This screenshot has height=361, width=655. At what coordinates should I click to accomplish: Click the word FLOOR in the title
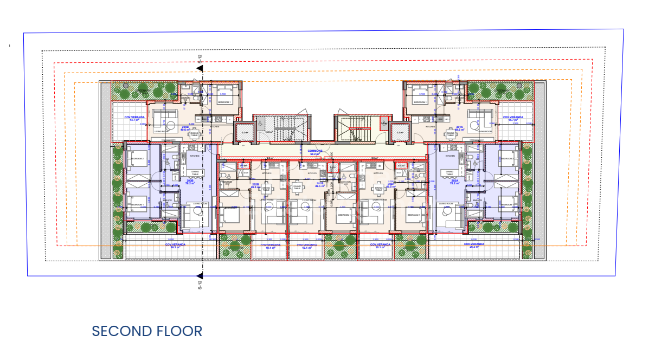pos(179,331)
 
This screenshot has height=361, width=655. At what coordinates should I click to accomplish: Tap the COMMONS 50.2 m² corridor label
pos(316,152)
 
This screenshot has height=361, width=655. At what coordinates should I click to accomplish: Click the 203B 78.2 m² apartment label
pos(190,181)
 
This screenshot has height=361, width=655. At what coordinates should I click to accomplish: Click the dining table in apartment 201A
pos(449,134)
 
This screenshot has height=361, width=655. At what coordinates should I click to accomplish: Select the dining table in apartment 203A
pos(378,189)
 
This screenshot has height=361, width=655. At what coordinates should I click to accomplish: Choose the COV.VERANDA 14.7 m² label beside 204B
pos(134,118)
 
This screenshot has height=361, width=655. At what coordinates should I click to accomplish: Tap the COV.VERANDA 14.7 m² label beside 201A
pos(512,118)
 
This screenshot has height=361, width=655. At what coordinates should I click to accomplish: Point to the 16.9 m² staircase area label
pos(268,132)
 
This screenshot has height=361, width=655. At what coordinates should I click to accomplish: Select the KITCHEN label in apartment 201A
pos(431,126)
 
